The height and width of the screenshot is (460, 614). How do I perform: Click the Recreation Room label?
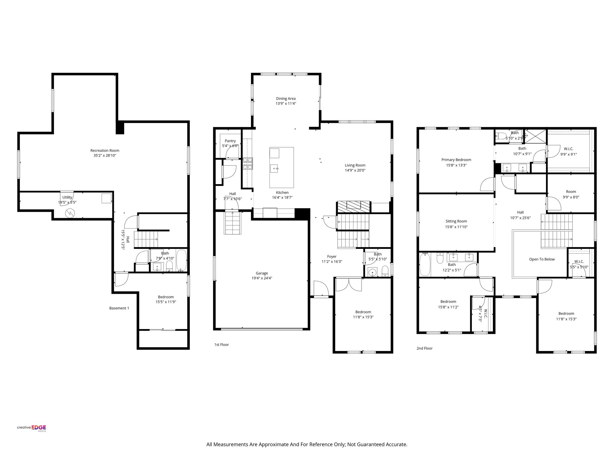tap(105, 151)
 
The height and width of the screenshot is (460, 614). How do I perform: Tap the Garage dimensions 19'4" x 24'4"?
tap(262, 278)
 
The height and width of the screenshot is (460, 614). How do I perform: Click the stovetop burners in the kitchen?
tap(248, 164)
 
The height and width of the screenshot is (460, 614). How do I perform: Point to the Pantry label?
tap(230, 141)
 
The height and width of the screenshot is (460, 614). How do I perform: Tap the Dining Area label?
tap(286, 99)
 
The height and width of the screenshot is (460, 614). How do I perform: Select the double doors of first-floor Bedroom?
tap(349, 285)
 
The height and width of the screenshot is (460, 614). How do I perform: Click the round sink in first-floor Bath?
tap(372, 272)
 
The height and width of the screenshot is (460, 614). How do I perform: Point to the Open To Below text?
tap(542, 259)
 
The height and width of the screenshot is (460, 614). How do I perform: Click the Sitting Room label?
tap(456, 221)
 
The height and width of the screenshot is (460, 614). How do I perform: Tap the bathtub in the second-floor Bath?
tap(425, 264)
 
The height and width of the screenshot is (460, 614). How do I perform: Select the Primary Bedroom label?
tap(456, 160)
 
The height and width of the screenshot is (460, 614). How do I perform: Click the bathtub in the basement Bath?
tap(181, 260)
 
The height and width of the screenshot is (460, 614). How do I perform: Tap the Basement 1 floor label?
tap(119, 308)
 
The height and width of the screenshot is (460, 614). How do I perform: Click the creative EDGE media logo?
tap(31, 428)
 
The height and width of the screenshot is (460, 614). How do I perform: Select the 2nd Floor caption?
tap(424, 348)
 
